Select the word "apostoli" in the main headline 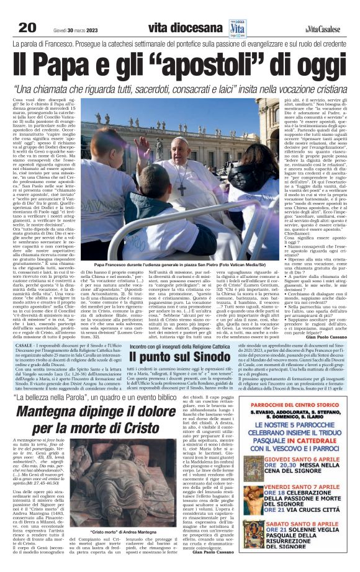click(220, 65)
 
